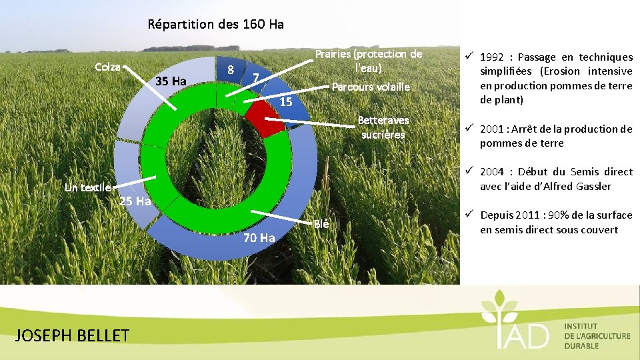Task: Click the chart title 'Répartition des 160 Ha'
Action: pos(215,25)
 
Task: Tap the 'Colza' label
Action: pos(107,67)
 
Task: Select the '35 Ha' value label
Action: pos(170,81)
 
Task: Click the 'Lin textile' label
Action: pos(87,187)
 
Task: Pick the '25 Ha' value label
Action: pos(135,201)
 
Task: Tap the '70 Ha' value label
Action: pos(259,238)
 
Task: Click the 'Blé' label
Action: pos(321,223)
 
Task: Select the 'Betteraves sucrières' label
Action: pos(383,127)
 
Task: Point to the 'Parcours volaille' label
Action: pos(371,87)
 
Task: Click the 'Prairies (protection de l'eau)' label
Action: pos(368,61)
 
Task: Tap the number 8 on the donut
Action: pos(230,69)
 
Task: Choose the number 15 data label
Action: pos(286,103)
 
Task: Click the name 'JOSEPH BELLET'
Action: pos(71,335)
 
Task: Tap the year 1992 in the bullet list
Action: pos(495,57)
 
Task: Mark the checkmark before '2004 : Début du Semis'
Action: pos(469,172)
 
